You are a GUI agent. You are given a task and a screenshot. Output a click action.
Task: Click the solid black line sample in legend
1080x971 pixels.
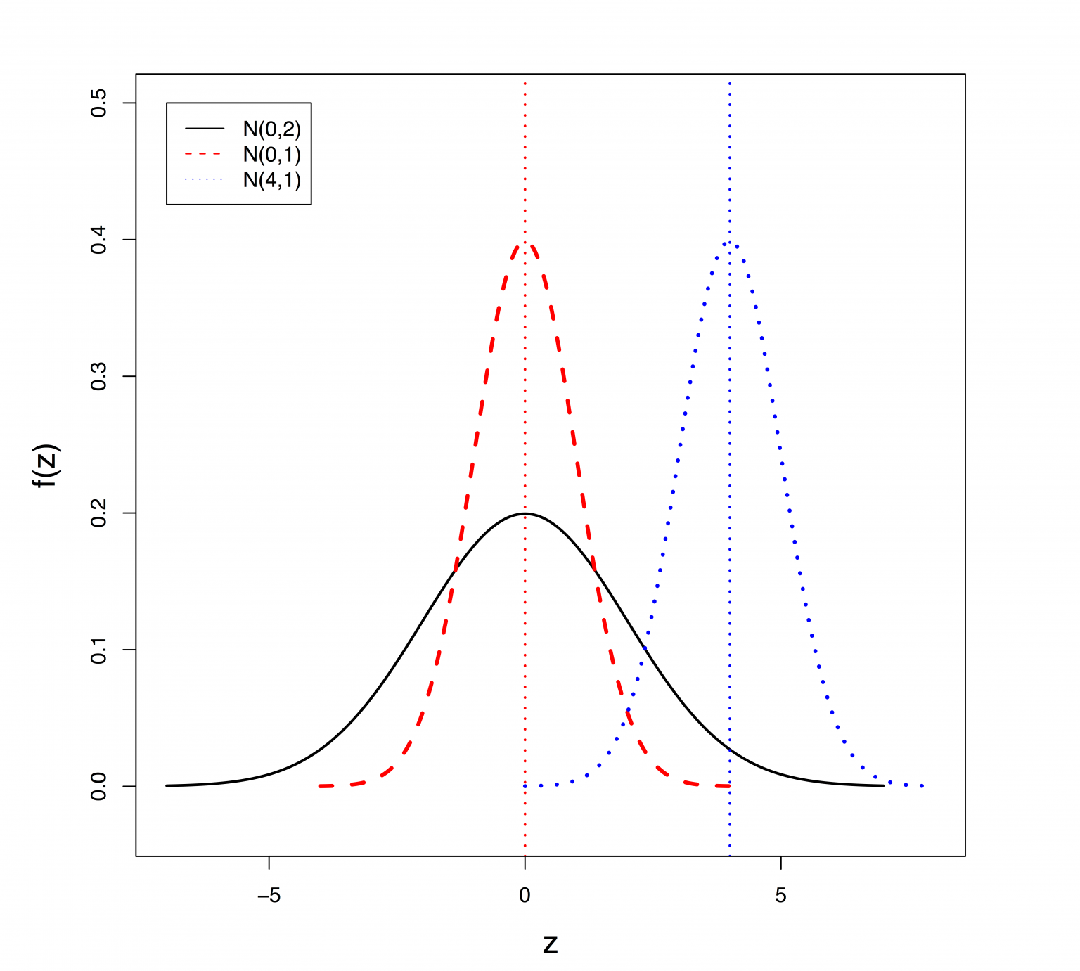point(205,129)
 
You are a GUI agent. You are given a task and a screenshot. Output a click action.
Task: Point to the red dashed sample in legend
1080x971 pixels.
point(205,154)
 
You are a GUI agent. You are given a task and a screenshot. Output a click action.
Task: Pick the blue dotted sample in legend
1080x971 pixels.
point(205,180)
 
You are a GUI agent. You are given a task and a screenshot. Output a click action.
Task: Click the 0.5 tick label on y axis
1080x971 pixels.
point(99,103)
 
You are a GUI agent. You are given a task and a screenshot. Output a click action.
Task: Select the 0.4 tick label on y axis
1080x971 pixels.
point(99,240)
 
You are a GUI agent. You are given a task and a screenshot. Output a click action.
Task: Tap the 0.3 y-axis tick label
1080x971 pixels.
point(99,377)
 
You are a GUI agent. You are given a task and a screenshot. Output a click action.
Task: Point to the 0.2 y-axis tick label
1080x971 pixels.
point(99,513)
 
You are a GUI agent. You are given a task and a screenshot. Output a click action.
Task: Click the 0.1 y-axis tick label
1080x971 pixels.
point(99,650)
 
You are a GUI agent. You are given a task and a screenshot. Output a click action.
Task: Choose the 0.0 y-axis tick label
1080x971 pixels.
point(99,786)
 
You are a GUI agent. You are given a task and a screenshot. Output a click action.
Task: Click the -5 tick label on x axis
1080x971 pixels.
point(269,896)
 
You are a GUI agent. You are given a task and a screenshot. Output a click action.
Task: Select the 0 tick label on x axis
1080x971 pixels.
point(525,896)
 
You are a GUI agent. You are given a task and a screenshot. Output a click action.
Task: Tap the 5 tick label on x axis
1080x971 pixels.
point(780,896)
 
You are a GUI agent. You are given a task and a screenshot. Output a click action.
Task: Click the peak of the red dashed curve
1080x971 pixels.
point(525,244)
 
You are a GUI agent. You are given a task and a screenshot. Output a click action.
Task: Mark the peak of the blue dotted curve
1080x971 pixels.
point(730,243)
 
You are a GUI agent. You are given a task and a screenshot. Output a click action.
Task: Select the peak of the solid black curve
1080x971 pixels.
point(525,513)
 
